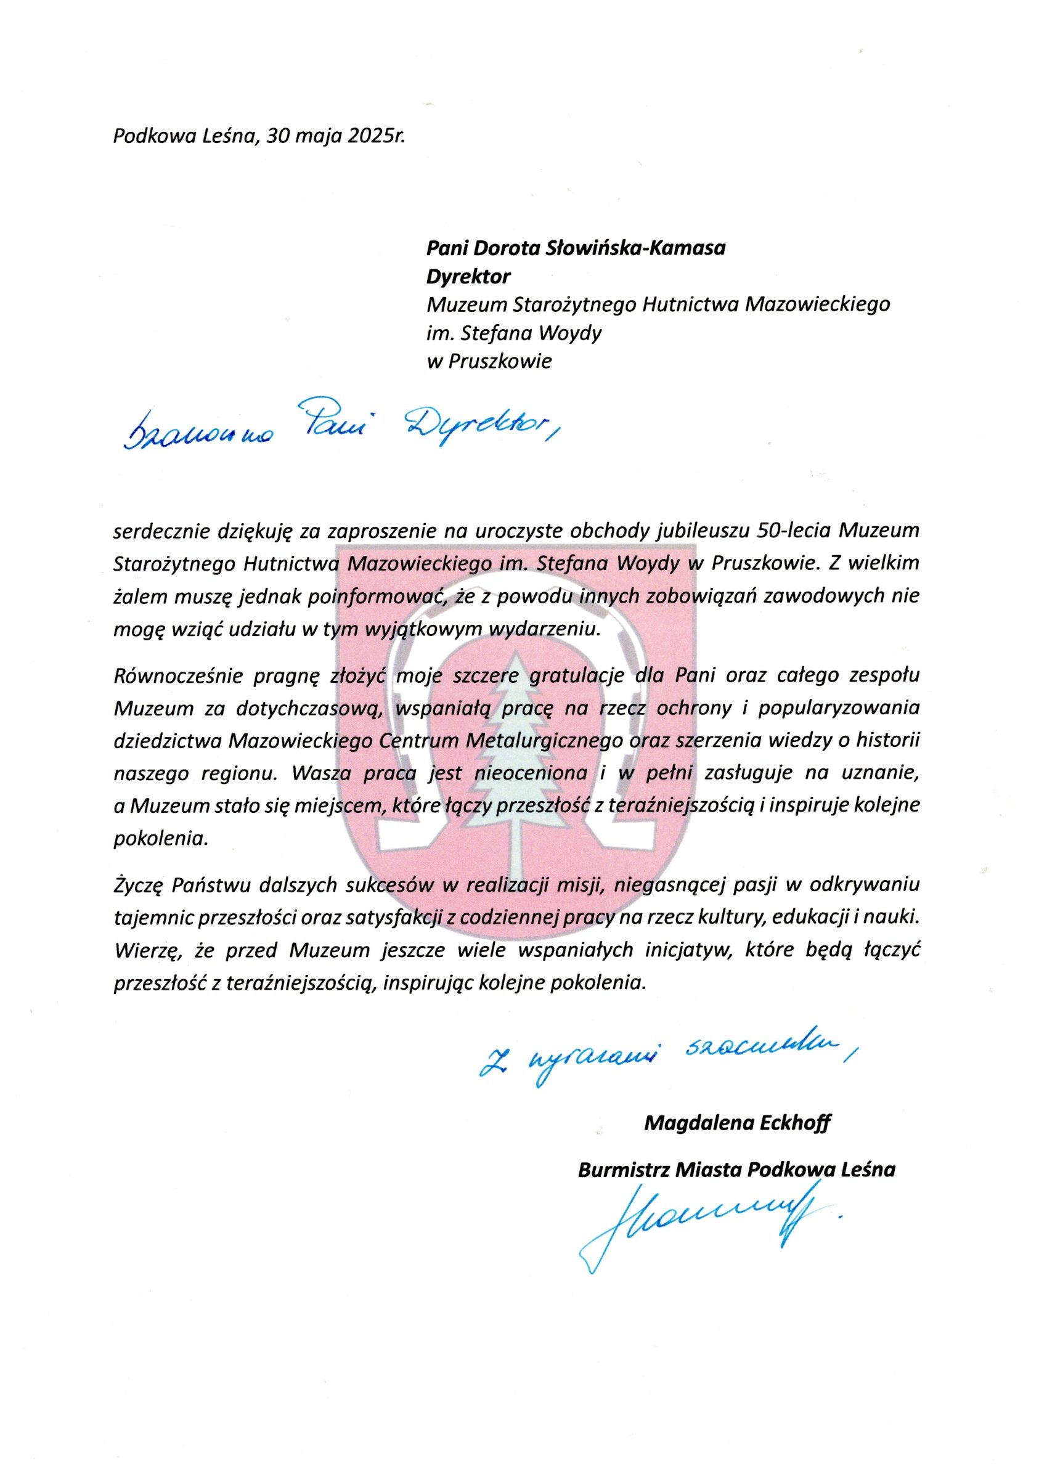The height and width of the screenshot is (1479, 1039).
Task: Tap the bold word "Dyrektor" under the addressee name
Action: [x=468, y=276]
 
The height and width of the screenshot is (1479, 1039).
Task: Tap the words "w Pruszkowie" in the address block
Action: [x=489, y=361]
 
